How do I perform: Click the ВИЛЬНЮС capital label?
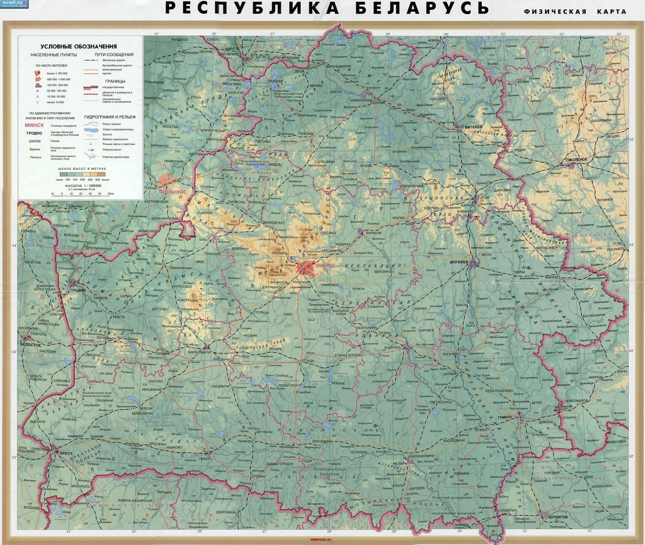(x=173, y=192)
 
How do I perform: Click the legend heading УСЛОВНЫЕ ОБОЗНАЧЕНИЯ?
(x=79, y=46)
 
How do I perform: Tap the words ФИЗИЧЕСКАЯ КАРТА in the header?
(x=575, y=12)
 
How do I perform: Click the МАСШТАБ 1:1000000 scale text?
(x=83, y=186)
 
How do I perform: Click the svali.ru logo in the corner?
(x=14, y=4)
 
